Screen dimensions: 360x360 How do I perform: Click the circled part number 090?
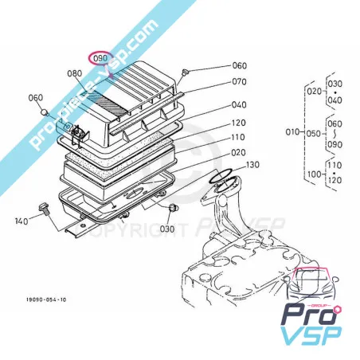coord(100,59)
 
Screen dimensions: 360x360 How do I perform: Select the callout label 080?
coord(75,74)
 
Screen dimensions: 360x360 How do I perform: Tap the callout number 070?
coord(239,81)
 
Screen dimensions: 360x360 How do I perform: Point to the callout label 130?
coord(252,165)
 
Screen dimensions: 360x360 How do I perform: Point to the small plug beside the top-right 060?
coord(185,73)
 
